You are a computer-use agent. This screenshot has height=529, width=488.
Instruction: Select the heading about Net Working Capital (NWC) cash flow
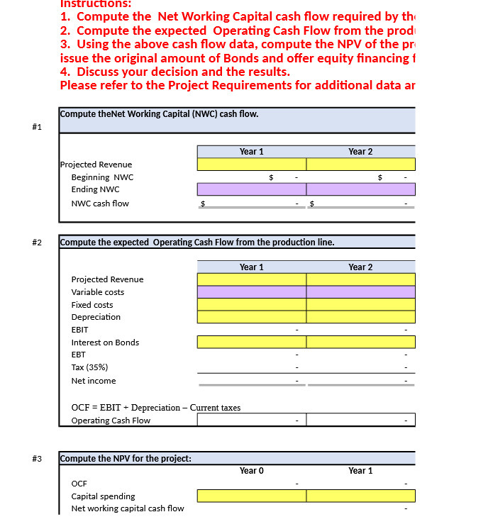point(160,114)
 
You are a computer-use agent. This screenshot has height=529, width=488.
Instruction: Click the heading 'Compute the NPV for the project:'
point(126,458)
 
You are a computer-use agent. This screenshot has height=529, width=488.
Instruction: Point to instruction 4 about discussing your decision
point(175,72)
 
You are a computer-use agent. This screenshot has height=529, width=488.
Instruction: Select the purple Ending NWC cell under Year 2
point(360,189)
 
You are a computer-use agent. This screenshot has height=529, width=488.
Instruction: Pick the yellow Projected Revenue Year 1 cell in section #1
point(252,165)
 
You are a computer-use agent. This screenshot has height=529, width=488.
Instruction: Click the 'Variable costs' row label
point(97,292)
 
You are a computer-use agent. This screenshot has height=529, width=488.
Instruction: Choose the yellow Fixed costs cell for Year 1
point(252,305)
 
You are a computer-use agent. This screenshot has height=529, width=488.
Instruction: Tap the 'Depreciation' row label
point(96,317)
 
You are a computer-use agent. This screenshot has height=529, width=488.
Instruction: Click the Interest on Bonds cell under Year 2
point(360,343)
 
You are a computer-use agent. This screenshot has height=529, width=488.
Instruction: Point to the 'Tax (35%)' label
point(89,367)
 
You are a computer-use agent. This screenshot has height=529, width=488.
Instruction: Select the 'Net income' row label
point(94,381)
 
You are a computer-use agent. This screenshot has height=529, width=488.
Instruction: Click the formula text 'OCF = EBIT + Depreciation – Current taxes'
point(156,408)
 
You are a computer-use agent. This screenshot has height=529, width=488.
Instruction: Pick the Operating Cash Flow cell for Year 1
point(252,421)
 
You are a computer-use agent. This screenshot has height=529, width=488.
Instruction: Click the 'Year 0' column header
point(252,471)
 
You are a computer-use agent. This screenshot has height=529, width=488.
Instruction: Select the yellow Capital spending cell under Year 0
point(252,496)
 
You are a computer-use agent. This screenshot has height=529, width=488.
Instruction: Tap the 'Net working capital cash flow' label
point(128,508)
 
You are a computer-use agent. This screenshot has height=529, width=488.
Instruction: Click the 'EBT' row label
point(78,355)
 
